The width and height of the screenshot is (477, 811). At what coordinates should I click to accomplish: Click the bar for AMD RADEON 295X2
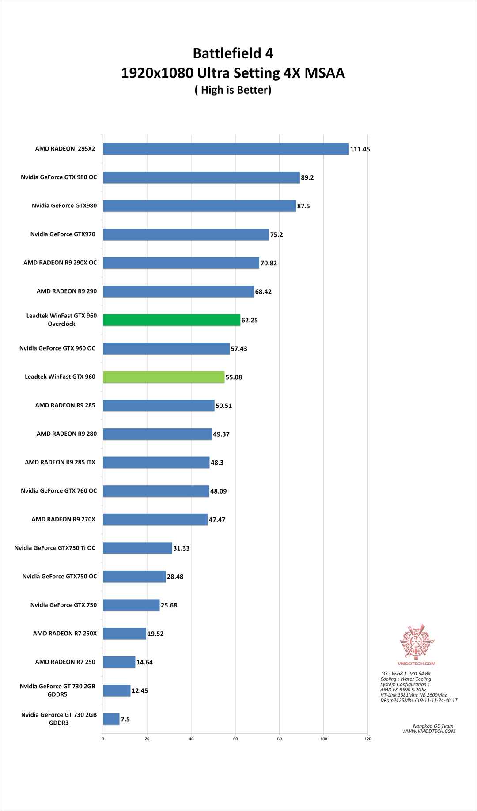(x=226, y=149)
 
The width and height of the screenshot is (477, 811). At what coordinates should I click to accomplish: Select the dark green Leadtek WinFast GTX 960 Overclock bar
(x=171, y=320)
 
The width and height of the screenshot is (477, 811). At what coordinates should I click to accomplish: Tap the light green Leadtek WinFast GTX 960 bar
(x=163, y=377)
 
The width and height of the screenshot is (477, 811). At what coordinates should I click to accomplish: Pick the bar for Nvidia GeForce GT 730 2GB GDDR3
(x=111, y=719)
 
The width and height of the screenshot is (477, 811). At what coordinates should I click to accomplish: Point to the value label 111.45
(x=360, y=149)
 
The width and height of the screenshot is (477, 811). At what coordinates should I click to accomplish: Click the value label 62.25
(x=250, y=320)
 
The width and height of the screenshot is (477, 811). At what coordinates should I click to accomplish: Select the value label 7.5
(x=125, y=719)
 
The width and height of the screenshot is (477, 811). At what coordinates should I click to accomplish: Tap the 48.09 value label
(x=218, y=491)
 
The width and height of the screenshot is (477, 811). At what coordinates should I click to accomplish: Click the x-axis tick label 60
(x=235, y=739)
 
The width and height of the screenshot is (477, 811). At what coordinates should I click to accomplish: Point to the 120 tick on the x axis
(x=368, y=739)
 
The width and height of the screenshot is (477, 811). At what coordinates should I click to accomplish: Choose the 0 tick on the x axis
(x=103, y=739)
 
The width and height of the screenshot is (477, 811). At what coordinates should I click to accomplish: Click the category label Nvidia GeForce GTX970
(x=63, y=234)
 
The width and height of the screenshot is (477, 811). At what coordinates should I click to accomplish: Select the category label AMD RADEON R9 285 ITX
(x=60, y=462)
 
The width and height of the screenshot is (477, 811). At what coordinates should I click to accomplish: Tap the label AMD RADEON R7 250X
(x=65, y=634)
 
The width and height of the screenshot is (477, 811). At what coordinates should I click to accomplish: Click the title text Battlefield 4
(x=233, y=53)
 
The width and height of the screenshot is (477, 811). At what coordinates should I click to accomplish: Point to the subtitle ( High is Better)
(x=233, y=90)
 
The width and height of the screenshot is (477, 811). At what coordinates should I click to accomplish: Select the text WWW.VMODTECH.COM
(x=428, y=732)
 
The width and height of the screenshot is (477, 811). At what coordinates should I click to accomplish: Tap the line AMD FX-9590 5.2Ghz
(x=403, y=690)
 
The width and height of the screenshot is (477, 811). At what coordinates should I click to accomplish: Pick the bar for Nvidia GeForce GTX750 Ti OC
(x=137, y=548)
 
